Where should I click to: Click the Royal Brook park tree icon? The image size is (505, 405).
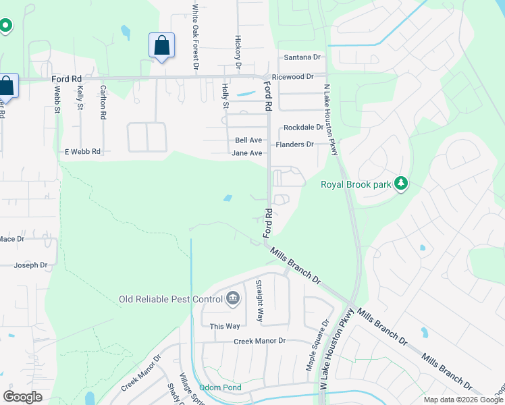tap(401, 184)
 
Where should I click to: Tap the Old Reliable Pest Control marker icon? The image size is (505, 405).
tap(233, 298)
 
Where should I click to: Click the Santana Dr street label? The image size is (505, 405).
tap(302, 57)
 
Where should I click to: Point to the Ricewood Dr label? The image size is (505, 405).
tap(292, 77)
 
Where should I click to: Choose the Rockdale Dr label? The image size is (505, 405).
tap(303, 128)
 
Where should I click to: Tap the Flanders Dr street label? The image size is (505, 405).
tap(295, 144)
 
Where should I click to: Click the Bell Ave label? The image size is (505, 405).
tap(248, 140)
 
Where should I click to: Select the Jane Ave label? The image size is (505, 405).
tap(246, 153)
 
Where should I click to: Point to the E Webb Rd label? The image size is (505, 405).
tap(82, 152)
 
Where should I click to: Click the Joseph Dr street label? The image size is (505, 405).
tap(30, 265)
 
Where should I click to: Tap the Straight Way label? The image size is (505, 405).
tap(259, 300)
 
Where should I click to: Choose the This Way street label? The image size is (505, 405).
tap(224, 326)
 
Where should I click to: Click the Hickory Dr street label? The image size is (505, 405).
tap(238, 53)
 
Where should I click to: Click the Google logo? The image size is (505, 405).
tap(22, 396)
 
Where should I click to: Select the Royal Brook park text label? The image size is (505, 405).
tap(356, 184)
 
